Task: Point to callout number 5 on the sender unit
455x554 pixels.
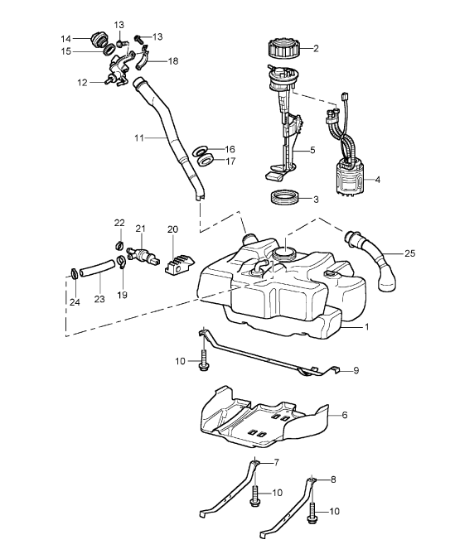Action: (312, 151)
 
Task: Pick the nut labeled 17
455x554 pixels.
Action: (206, 161)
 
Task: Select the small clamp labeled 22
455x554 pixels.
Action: (119, 245)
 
